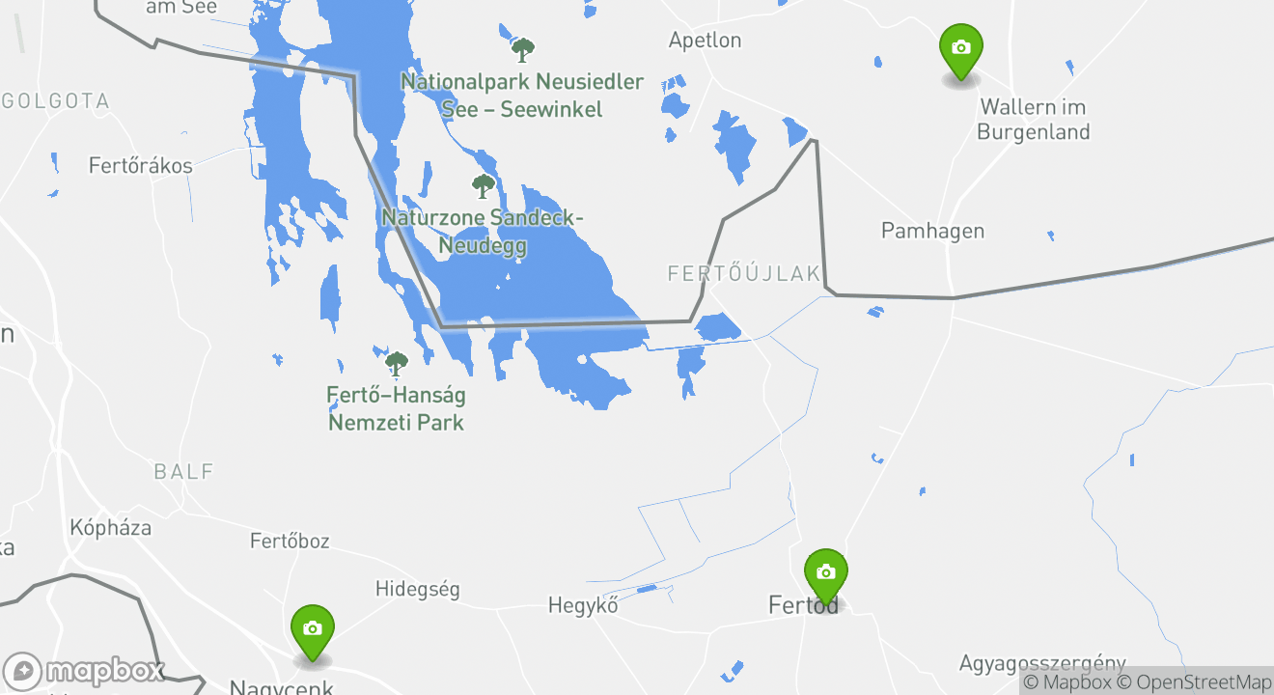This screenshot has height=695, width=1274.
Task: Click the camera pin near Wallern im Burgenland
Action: click(x=960, y=49)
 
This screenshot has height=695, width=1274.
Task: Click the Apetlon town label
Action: click(x=706, y=41)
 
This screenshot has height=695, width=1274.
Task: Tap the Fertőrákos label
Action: click(x=141, y=166)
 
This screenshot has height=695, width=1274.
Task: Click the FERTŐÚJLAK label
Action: click(x=744, y=274)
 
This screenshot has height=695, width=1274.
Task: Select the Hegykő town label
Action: click(x=583, y=606)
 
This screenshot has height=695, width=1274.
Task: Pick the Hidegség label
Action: click(x=417, y=589)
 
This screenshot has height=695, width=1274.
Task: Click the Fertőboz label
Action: click(x=290, y=541)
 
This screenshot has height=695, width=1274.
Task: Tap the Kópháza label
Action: click(x=111, y=528)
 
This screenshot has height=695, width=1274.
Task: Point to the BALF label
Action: click(x=183, y=472)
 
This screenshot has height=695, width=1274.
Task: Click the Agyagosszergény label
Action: click(x=1042, y=664)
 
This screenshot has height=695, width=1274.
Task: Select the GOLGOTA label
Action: click(x=56, y=100)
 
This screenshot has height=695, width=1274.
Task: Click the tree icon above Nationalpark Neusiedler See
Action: click(x=523, y=49)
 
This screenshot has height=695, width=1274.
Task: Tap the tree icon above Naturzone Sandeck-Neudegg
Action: click(x=483, y=185)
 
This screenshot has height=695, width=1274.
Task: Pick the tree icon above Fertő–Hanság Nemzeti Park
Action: click(x=396, y=363)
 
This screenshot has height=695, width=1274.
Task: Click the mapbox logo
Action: click(x=84, y=671)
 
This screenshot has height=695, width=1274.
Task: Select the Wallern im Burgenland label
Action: click(x=1034, y=120)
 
